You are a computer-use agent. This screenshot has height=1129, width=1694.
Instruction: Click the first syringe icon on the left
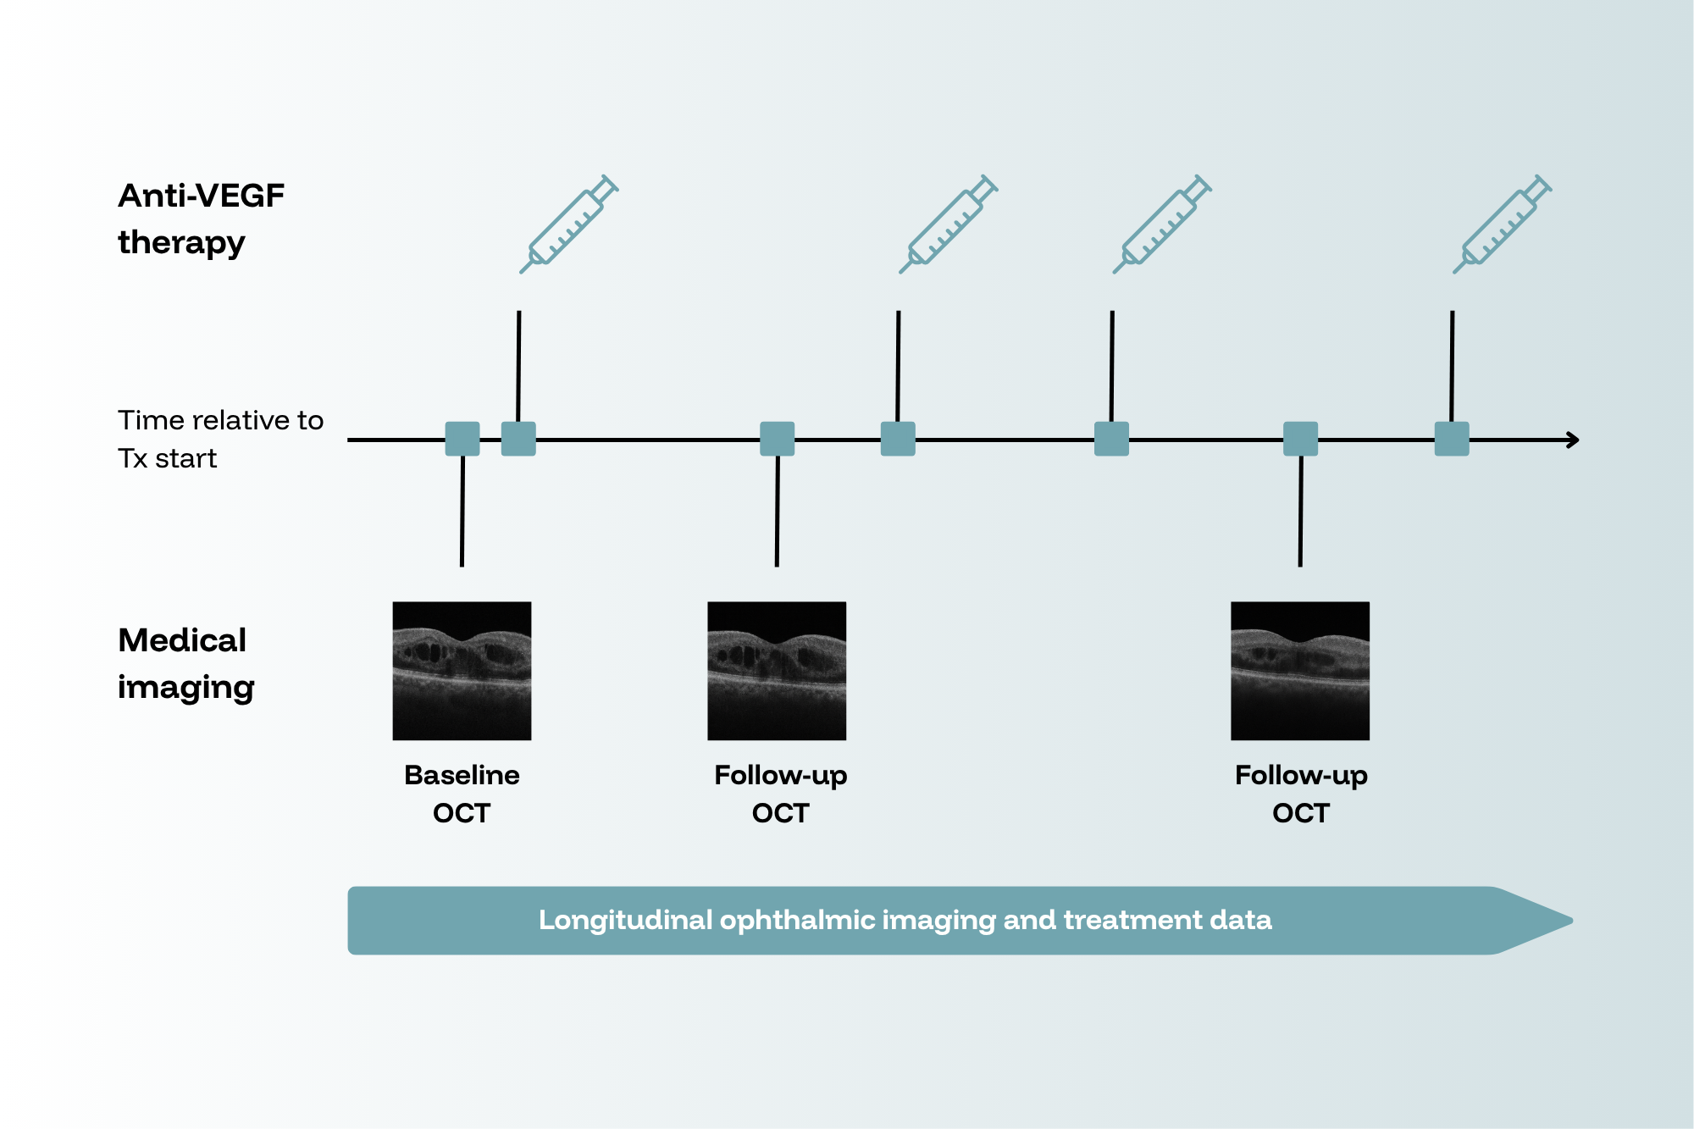[x=568, y=224]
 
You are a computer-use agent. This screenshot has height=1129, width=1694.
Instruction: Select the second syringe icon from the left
[x=948, y=224]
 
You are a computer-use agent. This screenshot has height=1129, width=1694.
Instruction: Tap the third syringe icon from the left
[x=1161, y=224]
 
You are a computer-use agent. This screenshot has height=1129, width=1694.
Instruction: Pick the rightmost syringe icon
[x=1502, y=224]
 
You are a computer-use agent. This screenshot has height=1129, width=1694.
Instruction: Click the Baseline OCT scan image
[x=462, y=671]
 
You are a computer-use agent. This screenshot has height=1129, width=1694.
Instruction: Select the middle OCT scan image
[x=777, y=671]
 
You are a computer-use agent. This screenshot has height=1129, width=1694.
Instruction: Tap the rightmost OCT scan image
[x=1300, y=671]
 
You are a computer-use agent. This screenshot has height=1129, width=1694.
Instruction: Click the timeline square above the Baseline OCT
[x=462, y=439]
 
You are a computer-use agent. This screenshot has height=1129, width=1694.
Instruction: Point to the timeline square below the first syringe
[x=518, y=439]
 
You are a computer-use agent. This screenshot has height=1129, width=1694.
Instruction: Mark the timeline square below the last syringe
[x=1452, y=439]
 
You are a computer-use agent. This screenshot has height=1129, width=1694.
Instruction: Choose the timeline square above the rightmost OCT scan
[x=1300, y=439]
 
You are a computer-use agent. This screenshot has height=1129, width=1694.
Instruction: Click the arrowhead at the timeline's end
[x=1574, y=440]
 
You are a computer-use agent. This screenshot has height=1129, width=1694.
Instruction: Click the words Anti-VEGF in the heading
[x=201, y=196]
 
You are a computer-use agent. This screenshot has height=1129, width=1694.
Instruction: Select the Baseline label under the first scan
[x=462, y=775]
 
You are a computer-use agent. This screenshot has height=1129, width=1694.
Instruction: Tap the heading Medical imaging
[x=186, y=663]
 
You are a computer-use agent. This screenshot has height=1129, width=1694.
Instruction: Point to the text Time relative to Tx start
[x=220, y=439]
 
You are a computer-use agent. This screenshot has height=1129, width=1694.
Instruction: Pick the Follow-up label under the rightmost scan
[x=1301, y=776]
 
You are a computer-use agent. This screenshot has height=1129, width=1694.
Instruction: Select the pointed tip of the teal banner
[x=1572, y=921]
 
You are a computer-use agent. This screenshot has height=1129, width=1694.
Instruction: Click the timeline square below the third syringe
[x=1111, y=439]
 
